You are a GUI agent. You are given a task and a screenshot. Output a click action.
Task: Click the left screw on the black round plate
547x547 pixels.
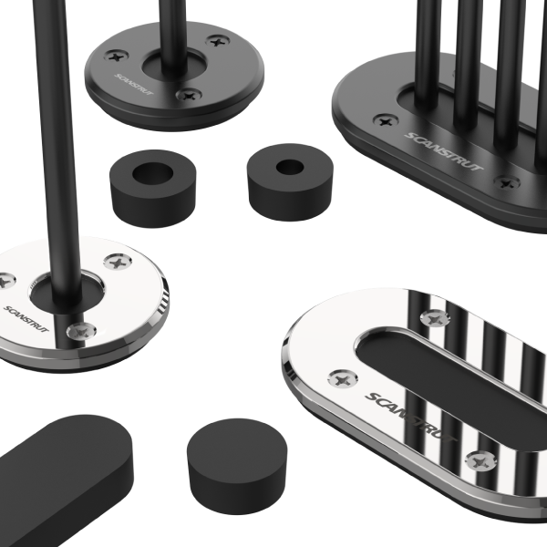(x=117, y=57)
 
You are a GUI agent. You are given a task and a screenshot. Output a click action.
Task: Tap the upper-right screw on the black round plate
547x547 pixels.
(x=218, y=42)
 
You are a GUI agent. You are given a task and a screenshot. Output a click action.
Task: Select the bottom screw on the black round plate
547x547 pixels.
(x=189, y=95)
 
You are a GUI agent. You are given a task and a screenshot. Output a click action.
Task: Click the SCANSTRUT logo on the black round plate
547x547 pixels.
(x=134, y=84)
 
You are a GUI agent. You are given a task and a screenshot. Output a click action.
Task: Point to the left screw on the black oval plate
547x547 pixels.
(x=386, y=121)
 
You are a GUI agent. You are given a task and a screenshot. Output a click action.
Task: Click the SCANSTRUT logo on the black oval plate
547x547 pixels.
(x=444, y=151)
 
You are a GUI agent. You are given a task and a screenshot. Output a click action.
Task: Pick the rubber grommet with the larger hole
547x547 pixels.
(x=152, y=189)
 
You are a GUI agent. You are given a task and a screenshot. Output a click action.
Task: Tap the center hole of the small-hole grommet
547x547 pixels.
(x=290, y=168)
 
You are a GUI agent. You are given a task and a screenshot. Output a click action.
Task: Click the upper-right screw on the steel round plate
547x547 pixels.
(x=118, y=263)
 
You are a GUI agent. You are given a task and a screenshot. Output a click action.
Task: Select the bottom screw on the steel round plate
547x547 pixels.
(x=81, y=332)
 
